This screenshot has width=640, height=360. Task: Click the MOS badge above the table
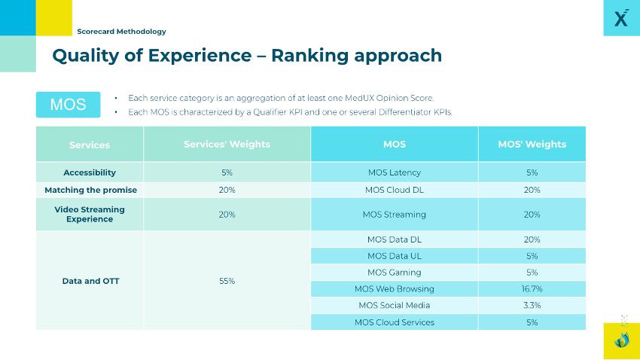pos(68,105)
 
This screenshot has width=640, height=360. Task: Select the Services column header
pos(90,145)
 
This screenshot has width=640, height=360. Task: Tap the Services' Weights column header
pos(227,144)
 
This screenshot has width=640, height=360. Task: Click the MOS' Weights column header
pos(532,144)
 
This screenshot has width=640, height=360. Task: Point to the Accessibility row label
pos(90,172)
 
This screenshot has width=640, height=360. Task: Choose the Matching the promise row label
pos(90,190)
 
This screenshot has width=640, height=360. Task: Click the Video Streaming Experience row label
pos(90,214)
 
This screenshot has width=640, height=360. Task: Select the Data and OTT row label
pos(90,281)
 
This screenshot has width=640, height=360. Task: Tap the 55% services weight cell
pos(227,281)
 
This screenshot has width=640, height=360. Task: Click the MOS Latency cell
pos(394,172)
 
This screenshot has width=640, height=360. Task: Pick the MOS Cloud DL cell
pos(394,190)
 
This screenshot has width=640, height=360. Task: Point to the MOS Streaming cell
pos(394,215)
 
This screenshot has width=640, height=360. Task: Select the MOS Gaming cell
pos(394,273)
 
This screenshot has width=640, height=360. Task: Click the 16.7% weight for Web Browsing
pos(532,288)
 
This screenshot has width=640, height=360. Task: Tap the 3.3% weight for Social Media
pos(532,305)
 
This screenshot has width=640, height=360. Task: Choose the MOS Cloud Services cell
pos(394,322)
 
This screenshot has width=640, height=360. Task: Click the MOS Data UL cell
pos(394,256)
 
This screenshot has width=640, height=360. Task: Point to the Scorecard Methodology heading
pos(121,32)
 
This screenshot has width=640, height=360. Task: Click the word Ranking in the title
pos(309,56)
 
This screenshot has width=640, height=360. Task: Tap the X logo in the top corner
pos(620,19)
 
